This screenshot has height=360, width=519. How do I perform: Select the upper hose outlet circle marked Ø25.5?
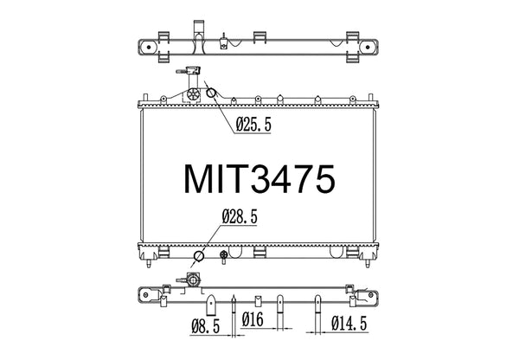coord(212,95)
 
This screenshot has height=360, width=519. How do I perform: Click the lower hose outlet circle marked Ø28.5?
coord(200,256)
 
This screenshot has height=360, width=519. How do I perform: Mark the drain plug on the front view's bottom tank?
coord(226,255)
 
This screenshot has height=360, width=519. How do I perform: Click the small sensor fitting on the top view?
coord(225,39)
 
